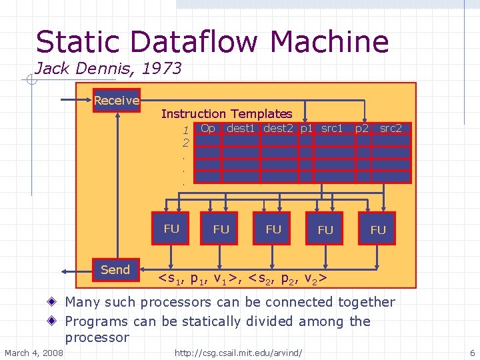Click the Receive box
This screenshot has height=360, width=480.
click(x=117, y=101)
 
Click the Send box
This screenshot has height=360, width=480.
click(x=115, y=270)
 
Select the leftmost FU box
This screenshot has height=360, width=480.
click(x=171, y=229)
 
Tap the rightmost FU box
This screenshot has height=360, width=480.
click(x=377, y=229)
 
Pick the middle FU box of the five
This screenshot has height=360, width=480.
click(x=273, y=229)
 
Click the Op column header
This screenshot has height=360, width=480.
click(x=208, y=128)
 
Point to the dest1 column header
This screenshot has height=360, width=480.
click(x=241, y=128)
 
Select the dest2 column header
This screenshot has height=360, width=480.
click(x=280, y=128)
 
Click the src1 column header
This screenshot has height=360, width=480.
click(x=331, y=128)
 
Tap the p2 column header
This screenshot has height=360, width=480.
click(x=362, y=128)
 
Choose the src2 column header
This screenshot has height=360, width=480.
click(x=391, y=128)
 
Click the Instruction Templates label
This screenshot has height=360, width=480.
click(x=227, y=114)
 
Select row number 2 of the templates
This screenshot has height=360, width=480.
click(x=186, y=142)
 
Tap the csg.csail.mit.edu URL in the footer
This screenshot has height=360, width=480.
click(x=238, y=352)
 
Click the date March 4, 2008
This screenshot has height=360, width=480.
click(x=34, y=352)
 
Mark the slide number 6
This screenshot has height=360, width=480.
click(x=472, y=352)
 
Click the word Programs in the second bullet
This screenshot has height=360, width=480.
click(x=102, y=321)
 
